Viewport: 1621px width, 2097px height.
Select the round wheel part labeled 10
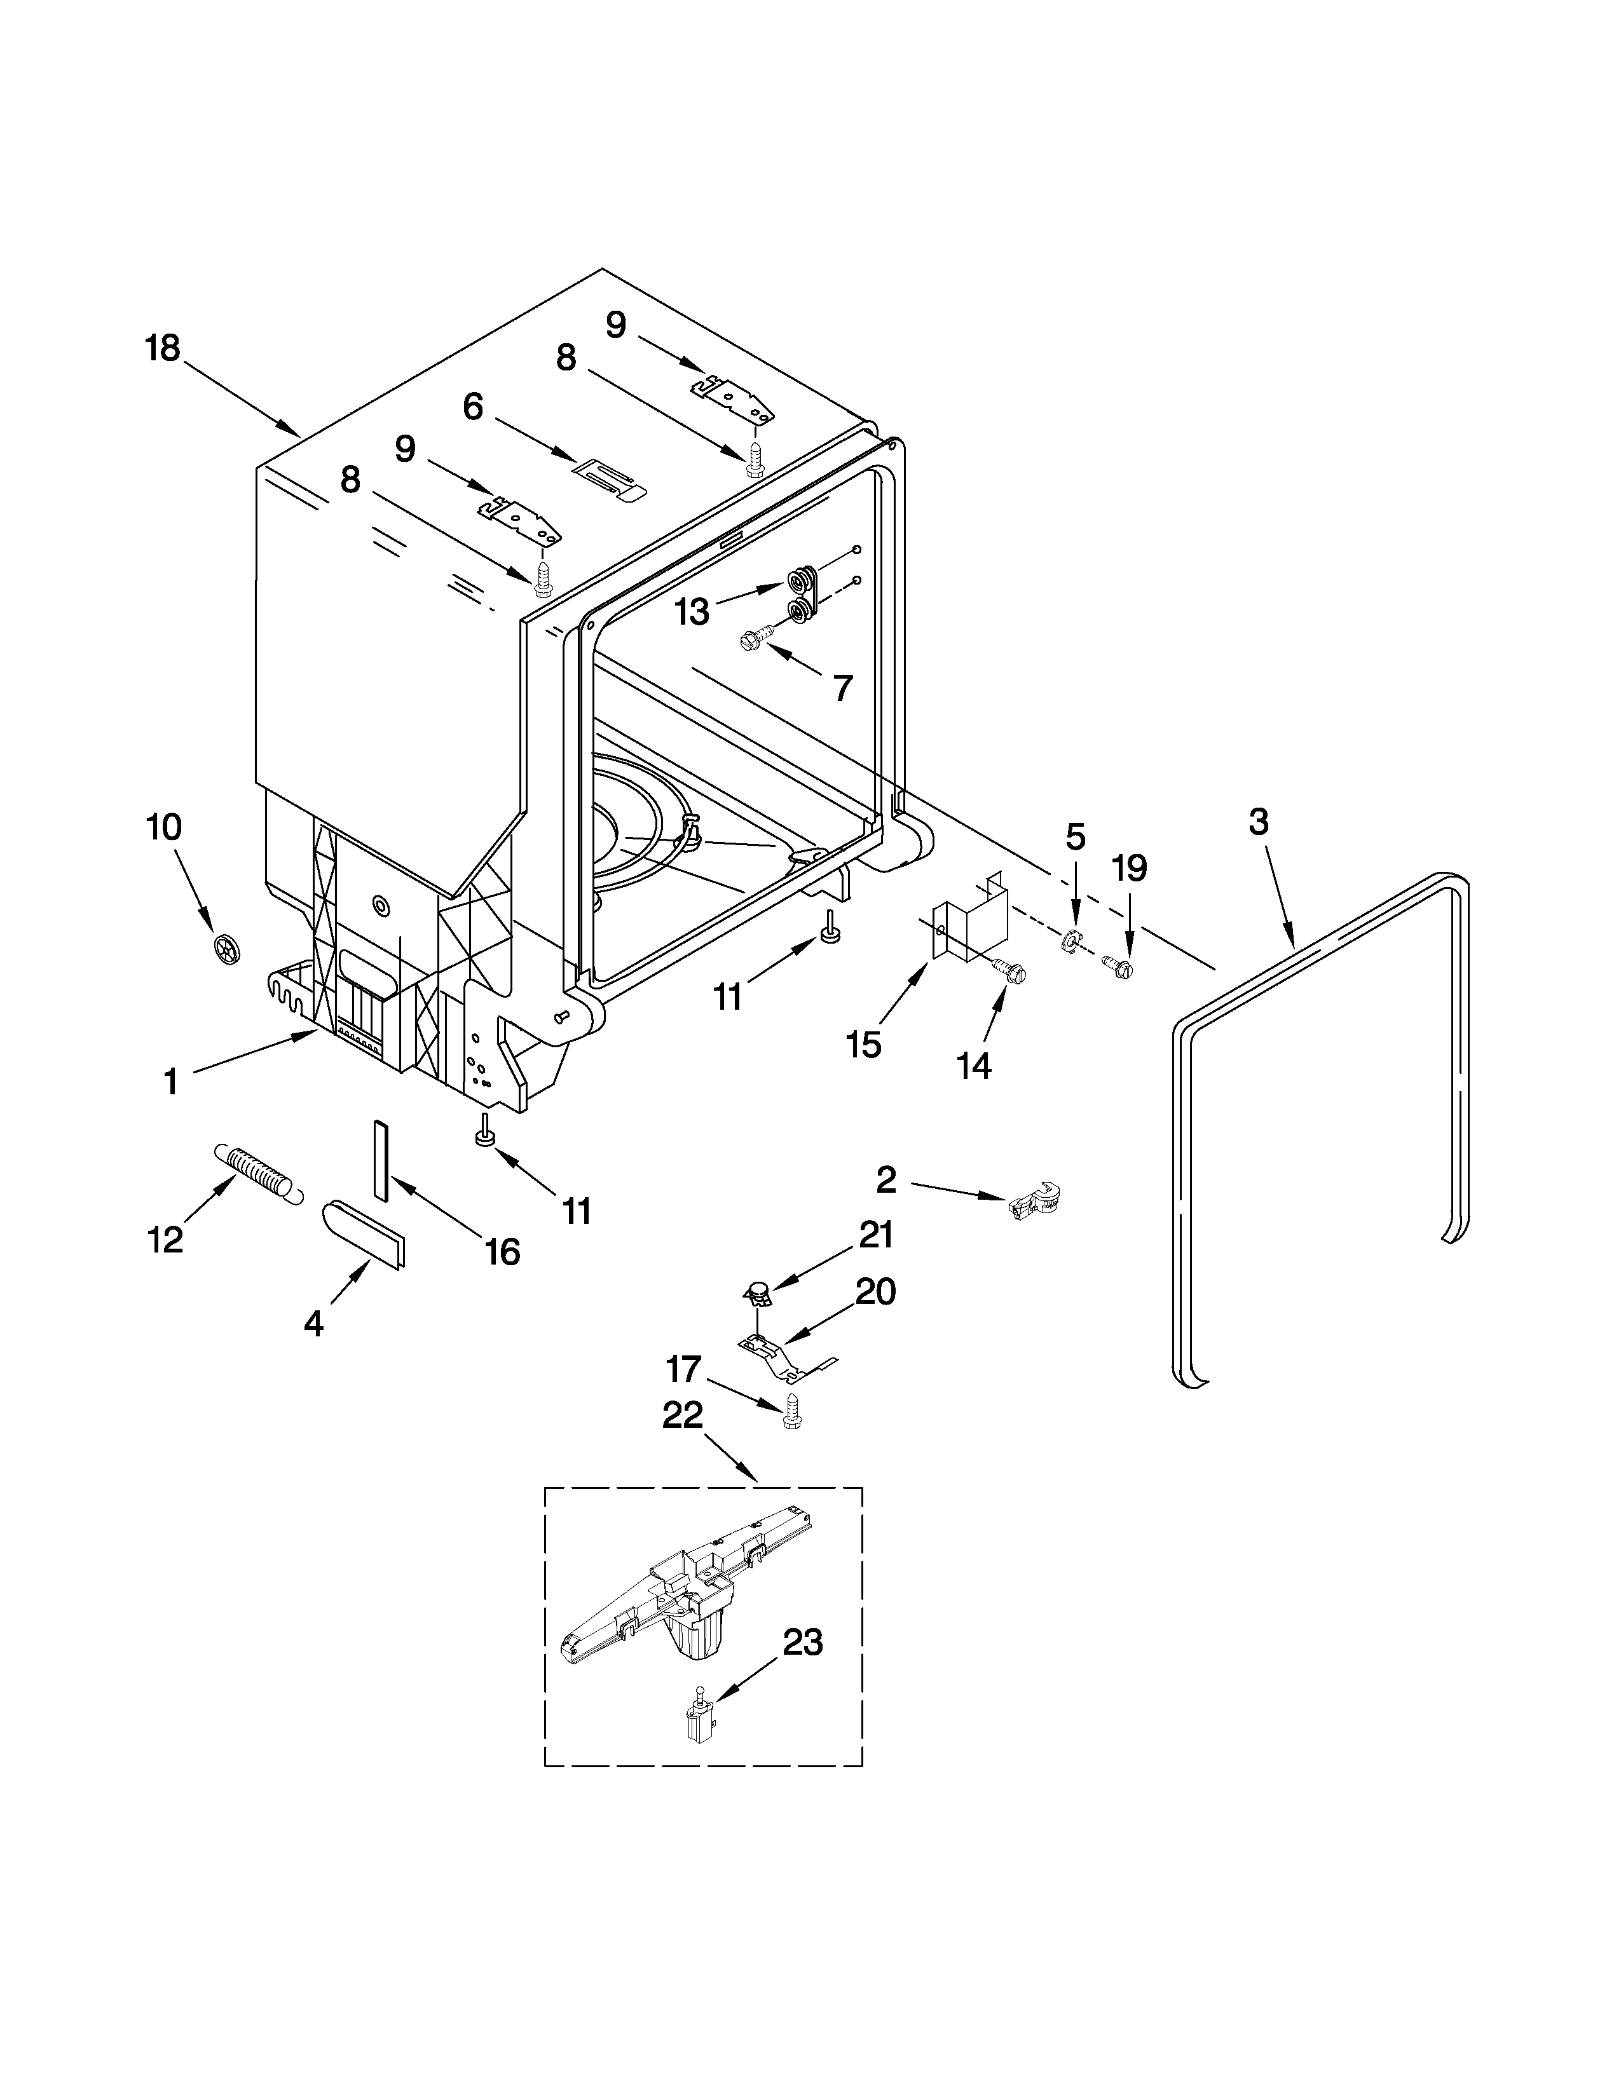pos(227,949)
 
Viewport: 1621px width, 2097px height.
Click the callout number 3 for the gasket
pos(1258,822)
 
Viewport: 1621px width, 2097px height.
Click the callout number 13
pos(692,611)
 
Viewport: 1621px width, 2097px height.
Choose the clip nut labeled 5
pos(1072,942)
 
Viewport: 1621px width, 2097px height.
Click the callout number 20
pos(875,1291)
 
